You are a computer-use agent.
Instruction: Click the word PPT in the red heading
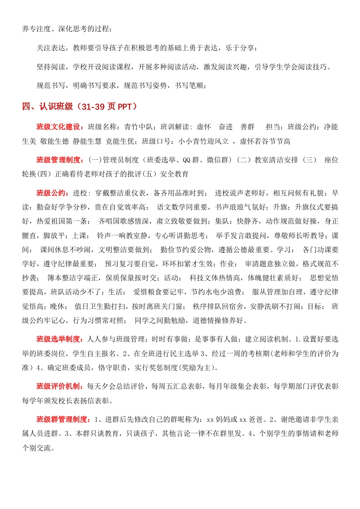[x=124, y=107]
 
